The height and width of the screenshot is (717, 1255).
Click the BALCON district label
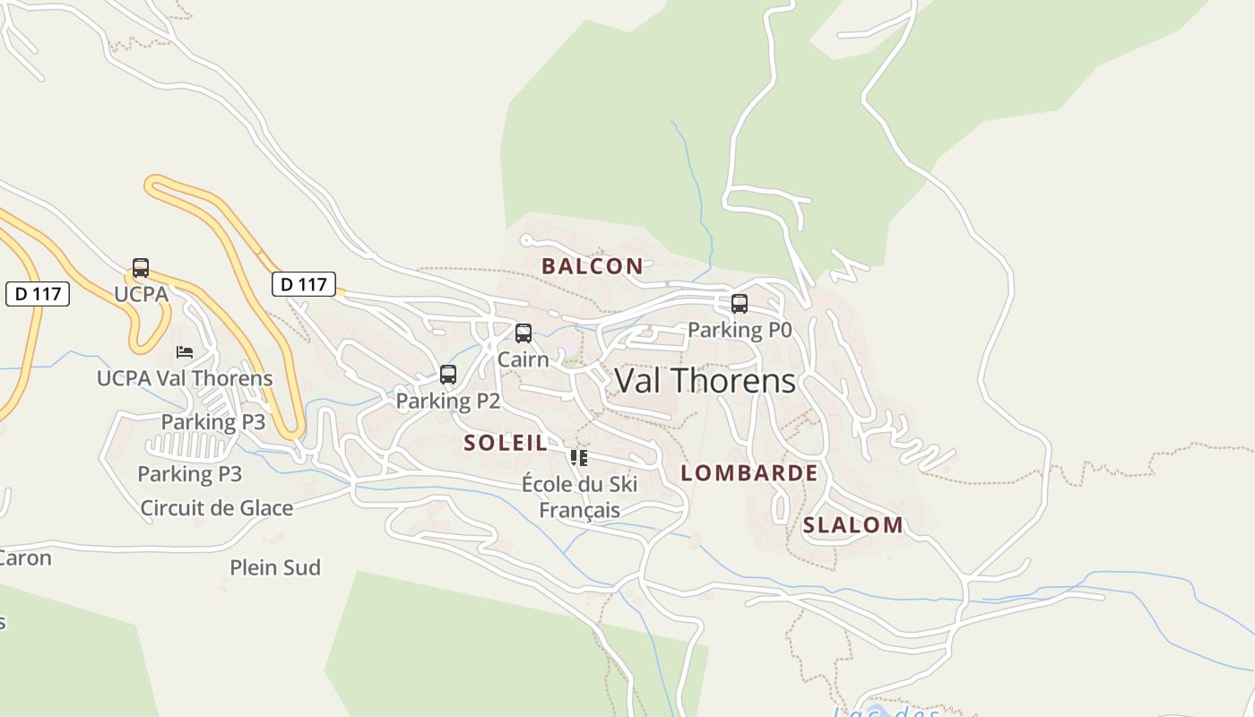592,265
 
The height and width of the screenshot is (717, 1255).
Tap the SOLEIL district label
506,442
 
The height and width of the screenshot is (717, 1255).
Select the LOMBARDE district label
749,472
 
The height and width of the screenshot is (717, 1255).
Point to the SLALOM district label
853,525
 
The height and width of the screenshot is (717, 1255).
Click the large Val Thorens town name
705,381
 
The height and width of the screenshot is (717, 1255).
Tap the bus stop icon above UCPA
141,268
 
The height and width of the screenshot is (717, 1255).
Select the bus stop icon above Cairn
524,333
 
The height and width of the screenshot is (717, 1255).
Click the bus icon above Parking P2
448,375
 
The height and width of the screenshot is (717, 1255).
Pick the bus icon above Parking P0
740,304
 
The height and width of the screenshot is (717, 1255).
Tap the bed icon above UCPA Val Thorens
185,351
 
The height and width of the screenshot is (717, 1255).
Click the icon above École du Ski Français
579,458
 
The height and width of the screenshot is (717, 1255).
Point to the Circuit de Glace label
217,508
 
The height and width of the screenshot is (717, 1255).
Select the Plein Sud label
275,567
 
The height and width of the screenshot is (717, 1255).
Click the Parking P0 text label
740,330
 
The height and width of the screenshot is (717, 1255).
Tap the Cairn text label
524,359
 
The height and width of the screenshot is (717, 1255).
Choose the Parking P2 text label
448,401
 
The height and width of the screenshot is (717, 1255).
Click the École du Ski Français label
579,497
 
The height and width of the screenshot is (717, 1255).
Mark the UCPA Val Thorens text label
185,378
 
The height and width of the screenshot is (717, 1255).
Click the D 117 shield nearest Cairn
304,284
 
